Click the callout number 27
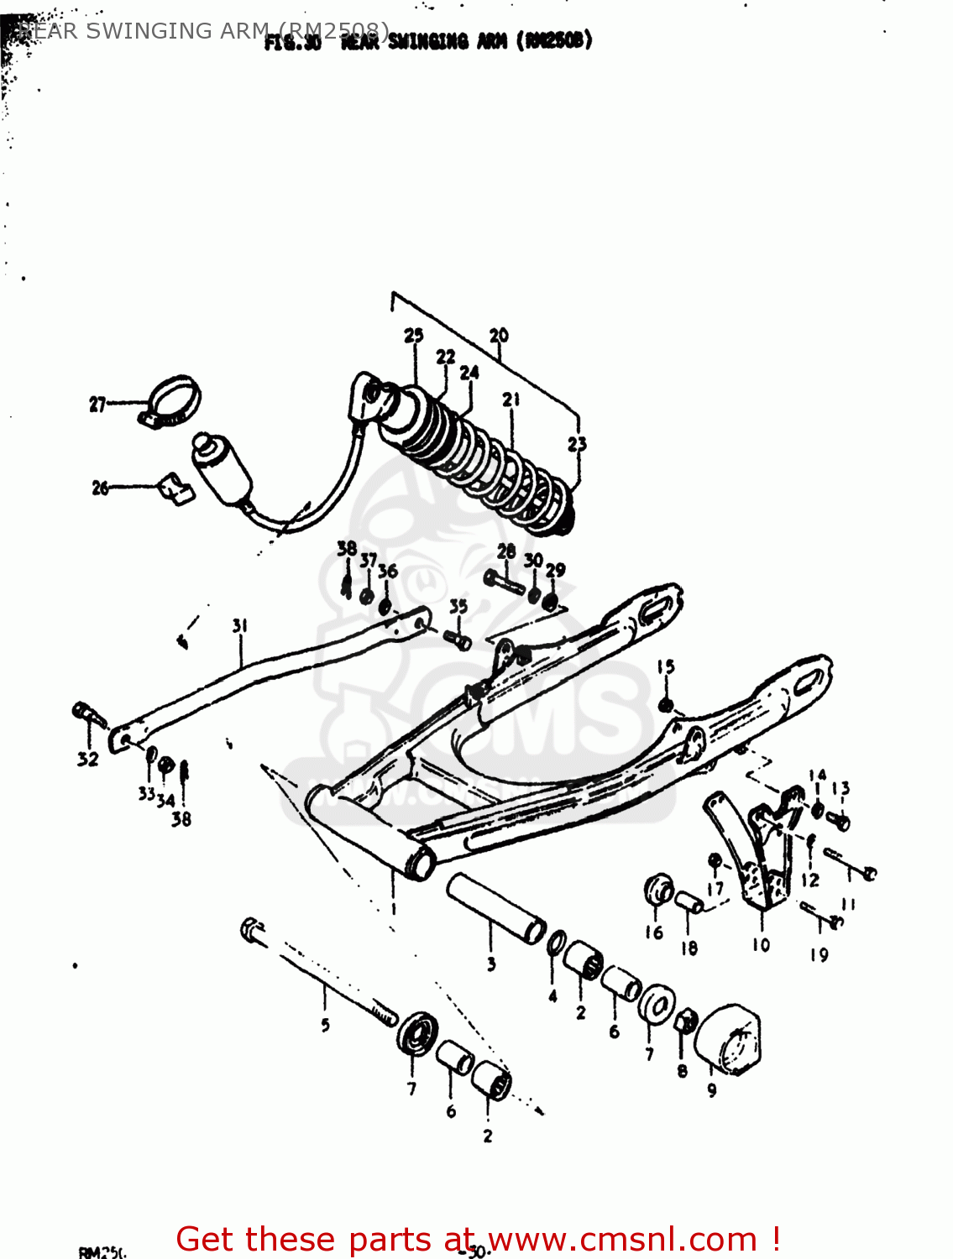pyautogui.click(x=97, y=405)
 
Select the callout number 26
pyautogui.click(x=100, y=488)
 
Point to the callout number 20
pyautogui.click(x=499, y=335)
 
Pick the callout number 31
pyautogui.click(x=240, y=625)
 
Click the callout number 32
pyautogui.click(x=87, y=760)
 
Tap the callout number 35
pyautogui.click(x=458, y=606)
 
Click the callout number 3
pyautogui.click(x=491, y=964)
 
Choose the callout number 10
pyautogui.click(x=761, y=945)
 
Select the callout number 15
pyautogui.click(x=666, y=667)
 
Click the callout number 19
pyautogui.click(x=819, y=954)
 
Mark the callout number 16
pyautogui.click(x=654, y=932)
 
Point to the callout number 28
pyautogui.click(x=505, y=551)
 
